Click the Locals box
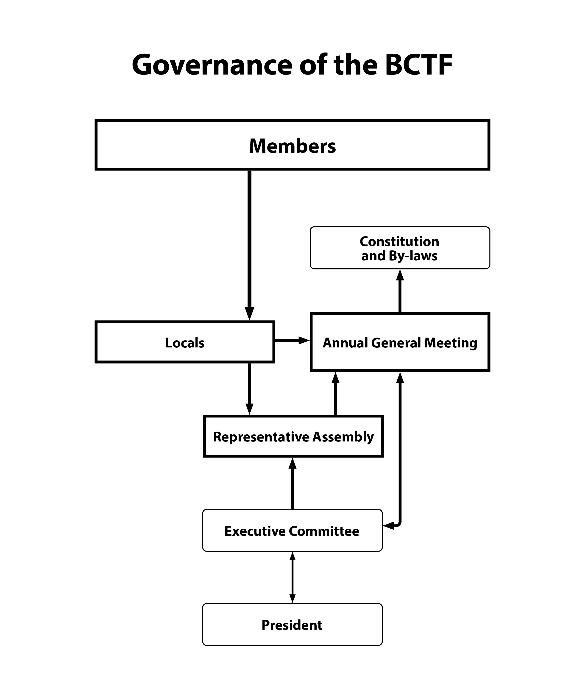[x=185, y=342]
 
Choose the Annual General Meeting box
[x=400, y=342]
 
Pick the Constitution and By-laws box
[x=400, y=248]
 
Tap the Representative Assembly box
[x=293, y=437]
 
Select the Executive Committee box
[x=292, y=531]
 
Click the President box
[x=292, y=625]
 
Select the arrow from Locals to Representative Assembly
[x=249, y=388]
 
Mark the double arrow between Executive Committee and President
[x=292, y=578]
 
